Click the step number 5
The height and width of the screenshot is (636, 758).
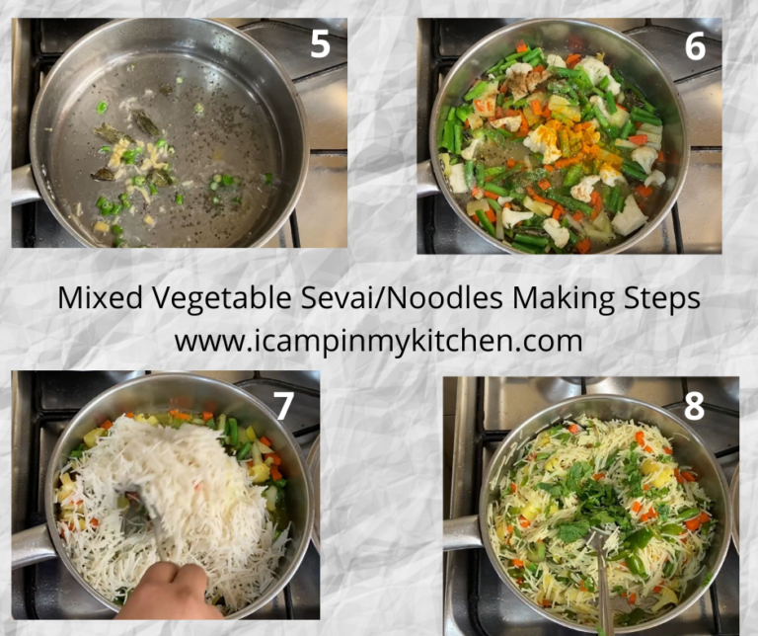click(319, 45)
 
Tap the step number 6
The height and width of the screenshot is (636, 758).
click(695, 46)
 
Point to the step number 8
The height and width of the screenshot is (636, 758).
click(695, 407)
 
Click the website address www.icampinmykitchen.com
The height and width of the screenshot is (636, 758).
click(378, 341)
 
